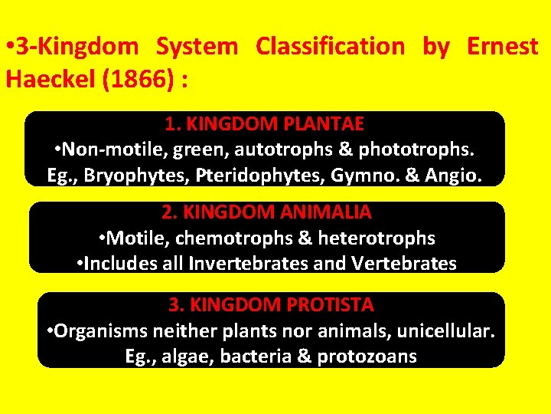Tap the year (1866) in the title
click(x=145, y=79)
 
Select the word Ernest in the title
click(x=502, y=47)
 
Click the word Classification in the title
click(x=330, y=47)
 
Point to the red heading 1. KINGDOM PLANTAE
click(x=265, y=123)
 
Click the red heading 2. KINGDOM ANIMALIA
click(x=267, y=212)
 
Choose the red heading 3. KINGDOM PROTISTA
click(x=271, y=305)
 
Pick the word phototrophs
click(x=418, y=149)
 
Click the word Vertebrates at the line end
click(x=404, y=264)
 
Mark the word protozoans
click(x=371, y=357)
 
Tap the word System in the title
click(x=197, y=47)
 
